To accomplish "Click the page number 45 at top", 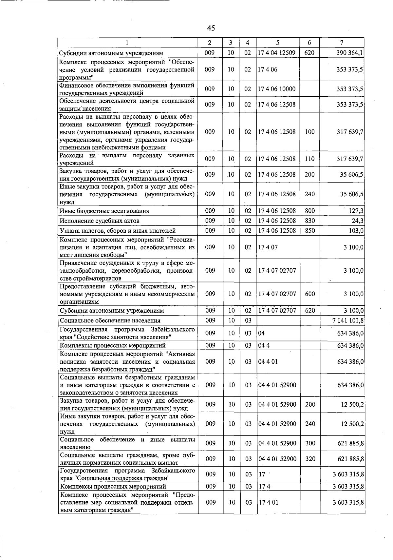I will point(211,28).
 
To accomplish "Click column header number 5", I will point(278,43).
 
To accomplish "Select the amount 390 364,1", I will point(350,53).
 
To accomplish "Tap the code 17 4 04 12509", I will point(277,53).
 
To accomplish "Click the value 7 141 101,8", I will point(348,320).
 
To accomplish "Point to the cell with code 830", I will point(309,221).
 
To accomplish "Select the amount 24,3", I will point(358,221).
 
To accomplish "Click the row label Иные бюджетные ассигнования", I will point(104,211).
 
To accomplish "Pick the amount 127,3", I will point(356,211).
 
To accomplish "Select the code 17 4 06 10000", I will point(277,89).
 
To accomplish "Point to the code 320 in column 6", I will point(310,459).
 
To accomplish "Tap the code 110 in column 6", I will point(309,159).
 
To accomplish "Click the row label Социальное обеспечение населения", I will point(110,320).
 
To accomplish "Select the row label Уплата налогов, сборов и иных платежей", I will point(118,231).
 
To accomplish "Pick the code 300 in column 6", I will point(310,443).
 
